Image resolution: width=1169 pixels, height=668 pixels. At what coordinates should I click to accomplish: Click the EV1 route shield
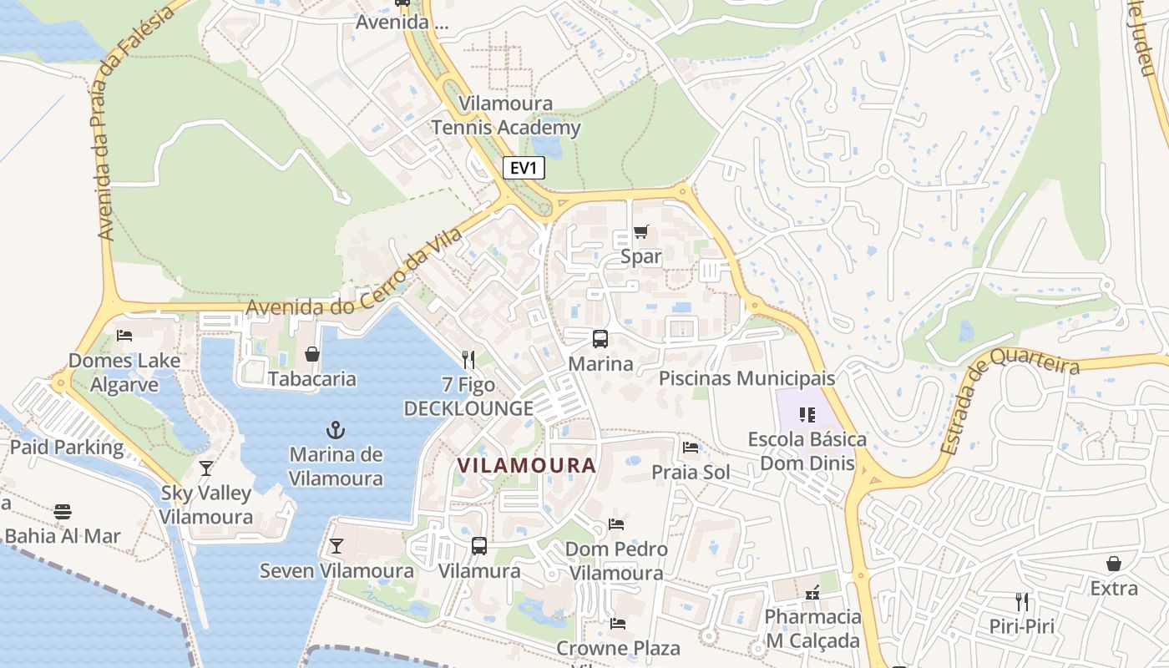[x=524, y=168]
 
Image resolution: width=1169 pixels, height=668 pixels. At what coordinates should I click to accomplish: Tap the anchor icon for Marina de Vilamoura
[x=335, y=431]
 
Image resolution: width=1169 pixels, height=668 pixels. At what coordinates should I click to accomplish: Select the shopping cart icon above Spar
[x=640, y=231]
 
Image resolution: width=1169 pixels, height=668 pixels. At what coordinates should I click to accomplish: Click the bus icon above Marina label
[x=600, y=339]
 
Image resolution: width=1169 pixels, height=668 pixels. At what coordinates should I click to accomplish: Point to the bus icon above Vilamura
[x=479, y=546]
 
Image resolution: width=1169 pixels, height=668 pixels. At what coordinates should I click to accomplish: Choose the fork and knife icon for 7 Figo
[x=468, y=360]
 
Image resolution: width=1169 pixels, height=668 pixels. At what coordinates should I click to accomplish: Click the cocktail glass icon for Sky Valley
[x=206, y=468]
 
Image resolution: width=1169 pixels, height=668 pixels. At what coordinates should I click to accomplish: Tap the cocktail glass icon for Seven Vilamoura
[x=336, y=546]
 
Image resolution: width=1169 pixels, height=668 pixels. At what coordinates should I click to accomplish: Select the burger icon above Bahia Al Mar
[x=63, y=511]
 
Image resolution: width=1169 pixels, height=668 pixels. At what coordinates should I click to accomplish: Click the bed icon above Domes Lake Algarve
[x=124, y=336]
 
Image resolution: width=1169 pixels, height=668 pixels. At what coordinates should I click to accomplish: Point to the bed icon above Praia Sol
[x=691, y=448]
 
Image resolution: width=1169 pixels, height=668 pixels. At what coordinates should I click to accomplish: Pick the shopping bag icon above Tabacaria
[x=312, y=354]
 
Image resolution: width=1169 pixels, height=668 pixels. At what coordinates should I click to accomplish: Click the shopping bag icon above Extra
[x=1113, y=564]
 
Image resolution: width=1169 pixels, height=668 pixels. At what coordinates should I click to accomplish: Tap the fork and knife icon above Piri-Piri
[x=1022, y=601]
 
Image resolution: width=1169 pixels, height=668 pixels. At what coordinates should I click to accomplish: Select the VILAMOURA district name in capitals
[x=526, y=465]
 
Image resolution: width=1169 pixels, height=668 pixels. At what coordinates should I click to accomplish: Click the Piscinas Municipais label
[x=746, y=378]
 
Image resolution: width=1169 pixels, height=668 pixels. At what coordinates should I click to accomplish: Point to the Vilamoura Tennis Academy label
[x=505, y=116]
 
